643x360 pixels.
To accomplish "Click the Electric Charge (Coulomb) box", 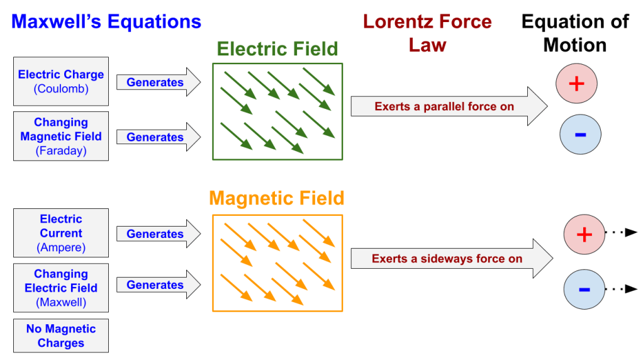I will (61, 82).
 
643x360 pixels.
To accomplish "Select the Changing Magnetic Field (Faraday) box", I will (61, 136).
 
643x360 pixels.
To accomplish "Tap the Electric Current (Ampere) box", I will (61, 233).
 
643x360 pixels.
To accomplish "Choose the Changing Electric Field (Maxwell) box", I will (61, 288).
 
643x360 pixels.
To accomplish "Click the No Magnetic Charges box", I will (61, 335).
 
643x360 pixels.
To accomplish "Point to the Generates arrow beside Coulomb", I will (157, 82).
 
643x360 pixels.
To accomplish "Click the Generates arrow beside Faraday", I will (157, 137).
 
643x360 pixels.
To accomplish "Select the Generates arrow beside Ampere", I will (157, 234).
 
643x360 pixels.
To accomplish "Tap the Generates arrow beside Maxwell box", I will (157, 285).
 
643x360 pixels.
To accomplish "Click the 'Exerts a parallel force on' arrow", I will (447, 106).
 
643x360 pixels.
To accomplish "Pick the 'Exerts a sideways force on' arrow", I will (450, 259).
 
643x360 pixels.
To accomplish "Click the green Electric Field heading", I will (277, 48).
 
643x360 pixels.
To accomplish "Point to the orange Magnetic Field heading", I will (277, 199).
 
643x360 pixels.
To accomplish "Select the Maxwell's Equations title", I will (106, 22).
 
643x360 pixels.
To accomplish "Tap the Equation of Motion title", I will (575, 33).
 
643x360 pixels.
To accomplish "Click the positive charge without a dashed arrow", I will (576, 84).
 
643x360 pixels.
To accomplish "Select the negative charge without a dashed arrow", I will (580, 134).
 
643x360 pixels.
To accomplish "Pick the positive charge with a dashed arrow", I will (584, 235).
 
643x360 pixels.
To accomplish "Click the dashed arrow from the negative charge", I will (622, 289).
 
